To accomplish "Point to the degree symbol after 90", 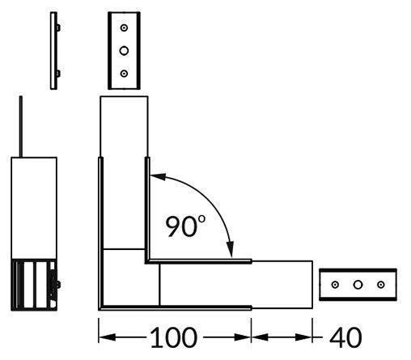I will coord(202,218).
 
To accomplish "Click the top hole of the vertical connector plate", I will coord(124,28).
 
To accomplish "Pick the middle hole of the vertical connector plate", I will coord(124,50).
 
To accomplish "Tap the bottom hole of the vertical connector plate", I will coord(124,73).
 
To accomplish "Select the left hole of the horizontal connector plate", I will coord(335,285).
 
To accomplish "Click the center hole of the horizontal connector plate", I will coord(357,285).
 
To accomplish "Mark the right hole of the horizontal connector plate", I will coord(379,285).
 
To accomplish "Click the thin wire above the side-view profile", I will coord(22,125).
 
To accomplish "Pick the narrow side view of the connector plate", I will coord(54,50).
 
